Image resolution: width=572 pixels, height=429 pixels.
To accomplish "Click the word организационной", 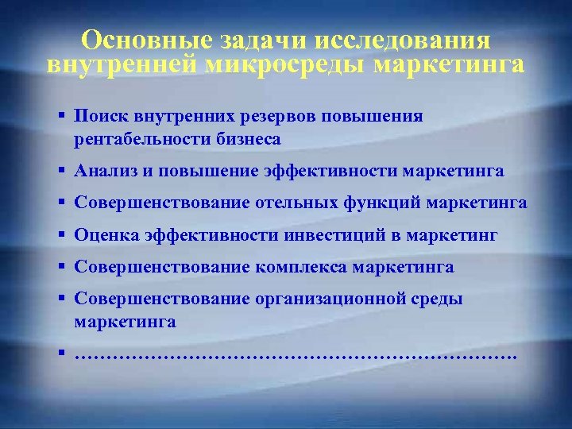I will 335,299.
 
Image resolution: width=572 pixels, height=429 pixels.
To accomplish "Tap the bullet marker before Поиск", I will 62,117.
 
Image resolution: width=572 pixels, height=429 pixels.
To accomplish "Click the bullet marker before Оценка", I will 62,235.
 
